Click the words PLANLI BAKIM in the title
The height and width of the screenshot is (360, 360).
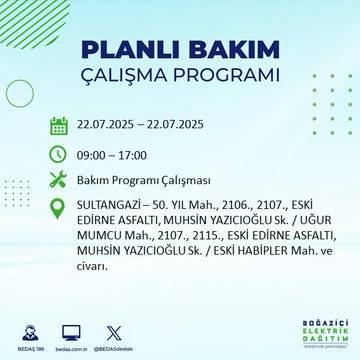coord(179,51)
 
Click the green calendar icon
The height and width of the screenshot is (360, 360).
coord(59,126)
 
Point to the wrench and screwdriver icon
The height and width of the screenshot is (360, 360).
coord(59,180)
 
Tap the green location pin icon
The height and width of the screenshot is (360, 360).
coord(59,208)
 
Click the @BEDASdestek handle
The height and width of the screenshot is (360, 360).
coord(112,344)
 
